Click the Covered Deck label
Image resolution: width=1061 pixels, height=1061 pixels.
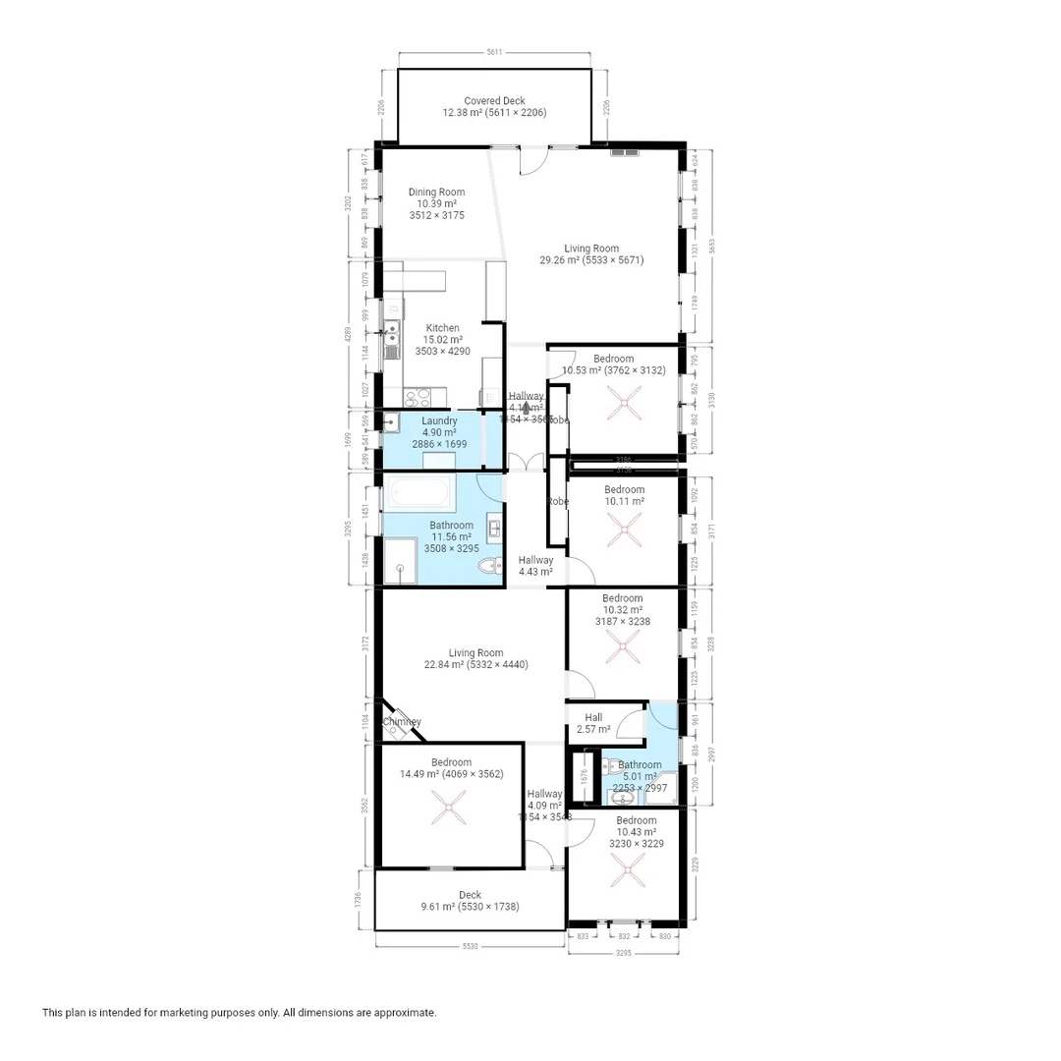[x=494, y=101]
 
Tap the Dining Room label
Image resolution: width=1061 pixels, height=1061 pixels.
[x=436, y=193]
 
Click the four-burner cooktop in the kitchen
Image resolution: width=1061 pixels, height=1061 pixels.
[x=417, y=399]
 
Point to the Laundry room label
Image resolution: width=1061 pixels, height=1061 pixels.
[x=439, y=421]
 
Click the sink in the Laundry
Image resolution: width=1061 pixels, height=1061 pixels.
[x=391, y=424]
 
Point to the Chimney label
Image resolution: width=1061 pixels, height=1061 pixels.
[x=402, y=722]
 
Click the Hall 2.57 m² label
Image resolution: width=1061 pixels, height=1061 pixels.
[x=593, y=718]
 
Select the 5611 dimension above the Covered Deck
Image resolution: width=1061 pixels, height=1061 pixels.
[x=494, y=53]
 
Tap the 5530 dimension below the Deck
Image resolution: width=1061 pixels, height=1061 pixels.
[x=471, y=946]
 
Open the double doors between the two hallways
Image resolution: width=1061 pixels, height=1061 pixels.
[x=526, y=462]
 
